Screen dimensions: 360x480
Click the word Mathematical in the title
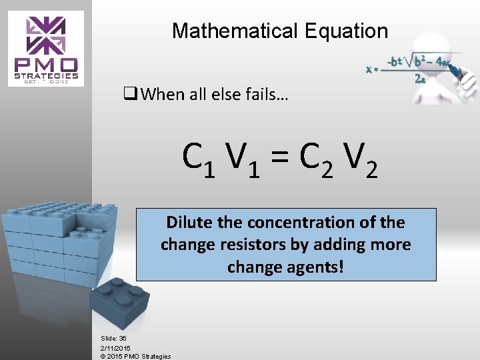coord(234,31)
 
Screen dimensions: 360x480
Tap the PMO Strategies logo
coord(46,49)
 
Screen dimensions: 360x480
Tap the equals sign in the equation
coord(281,159)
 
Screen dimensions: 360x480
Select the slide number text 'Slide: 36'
coord(113,339)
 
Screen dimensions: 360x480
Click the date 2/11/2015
coord(115,347)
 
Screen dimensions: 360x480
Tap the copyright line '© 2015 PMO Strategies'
coord(135,356)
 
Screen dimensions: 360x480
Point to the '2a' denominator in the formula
coord(420,78)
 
